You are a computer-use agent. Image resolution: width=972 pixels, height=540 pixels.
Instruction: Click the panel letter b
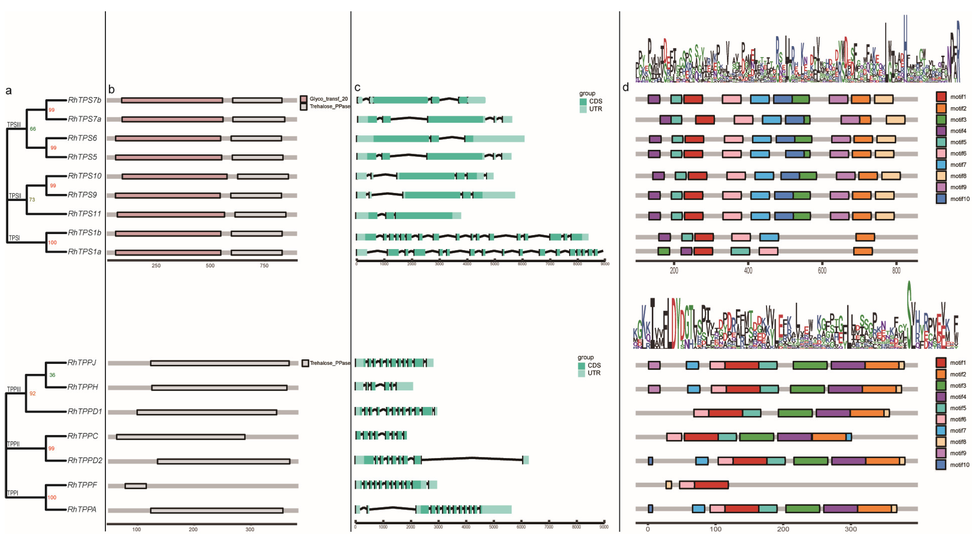tap(111, 89)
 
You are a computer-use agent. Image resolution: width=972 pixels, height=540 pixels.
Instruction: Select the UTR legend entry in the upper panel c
tap(595, 109)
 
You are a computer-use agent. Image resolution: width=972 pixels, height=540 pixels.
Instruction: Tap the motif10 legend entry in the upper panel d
tap(959, 199)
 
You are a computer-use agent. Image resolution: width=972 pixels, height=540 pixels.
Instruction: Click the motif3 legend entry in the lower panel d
tap(958, 386)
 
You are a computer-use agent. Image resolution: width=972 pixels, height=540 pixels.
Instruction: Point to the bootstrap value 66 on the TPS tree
tap(33, 129)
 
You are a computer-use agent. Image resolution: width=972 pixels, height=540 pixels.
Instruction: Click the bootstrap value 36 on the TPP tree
tap(52, 375)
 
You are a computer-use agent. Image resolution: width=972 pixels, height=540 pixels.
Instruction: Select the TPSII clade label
tap(15, 196)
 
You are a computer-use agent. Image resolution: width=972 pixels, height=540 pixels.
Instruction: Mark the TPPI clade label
tap(13, 493)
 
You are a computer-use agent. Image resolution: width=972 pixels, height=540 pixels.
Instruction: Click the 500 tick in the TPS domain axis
tap(210, 265)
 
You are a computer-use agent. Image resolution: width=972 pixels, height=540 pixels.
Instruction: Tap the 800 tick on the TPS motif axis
tap(896, 270)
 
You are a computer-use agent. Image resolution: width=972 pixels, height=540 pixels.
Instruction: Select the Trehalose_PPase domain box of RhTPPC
tap(181, 437)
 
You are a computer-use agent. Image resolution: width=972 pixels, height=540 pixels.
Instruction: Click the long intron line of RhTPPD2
tap(472, 458)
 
